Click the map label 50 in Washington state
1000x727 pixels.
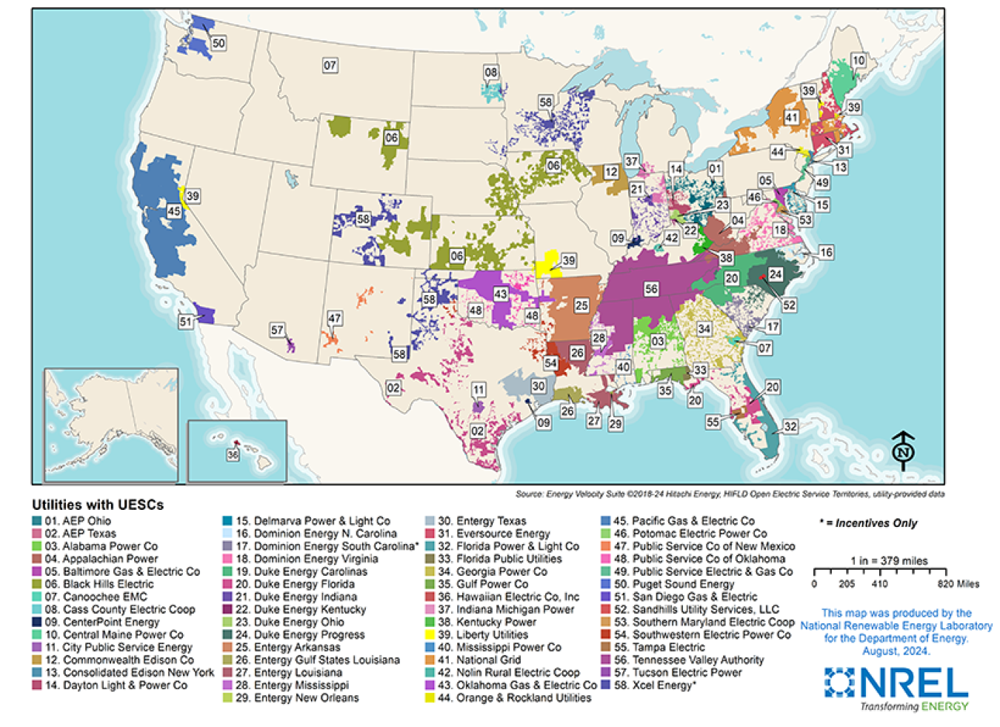point(218,44)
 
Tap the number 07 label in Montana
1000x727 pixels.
point(330,65)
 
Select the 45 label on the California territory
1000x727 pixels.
point(173,211)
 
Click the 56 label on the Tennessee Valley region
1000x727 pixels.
point(651,289)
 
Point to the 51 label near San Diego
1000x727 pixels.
point(185,322)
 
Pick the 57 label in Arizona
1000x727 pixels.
point(276,330)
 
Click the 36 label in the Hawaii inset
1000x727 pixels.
point(233,455)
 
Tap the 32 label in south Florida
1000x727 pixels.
point(790,426)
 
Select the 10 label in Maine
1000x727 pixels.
point(858,61)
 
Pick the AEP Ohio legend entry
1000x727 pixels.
point(78,521)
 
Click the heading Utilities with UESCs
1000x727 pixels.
point(98,505)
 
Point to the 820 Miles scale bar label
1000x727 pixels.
point(957,584)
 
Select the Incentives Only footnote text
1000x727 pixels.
point(870,523)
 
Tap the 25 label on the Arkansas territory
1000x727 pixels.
point(581,305)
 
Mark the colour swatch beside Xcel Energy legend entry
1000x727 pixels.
point(606,685)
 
